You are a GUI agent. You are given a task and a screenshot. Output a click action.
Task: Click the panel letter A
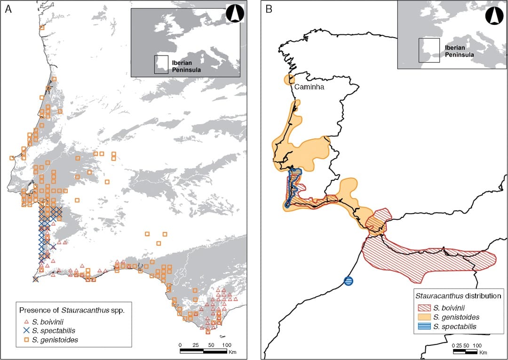(8, 9)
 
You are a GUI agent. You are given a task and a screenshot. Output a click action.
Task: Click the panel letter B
(269, 9)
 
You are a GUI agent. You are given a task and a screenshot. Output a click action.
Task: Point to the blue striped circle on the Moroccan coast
(349, 281)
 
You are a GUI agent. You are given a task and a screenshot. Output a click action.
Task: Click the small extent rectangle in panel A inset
(161, 64)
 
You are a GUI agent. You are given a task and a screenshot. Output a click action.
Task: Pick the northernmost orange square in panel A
(42, 28)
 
